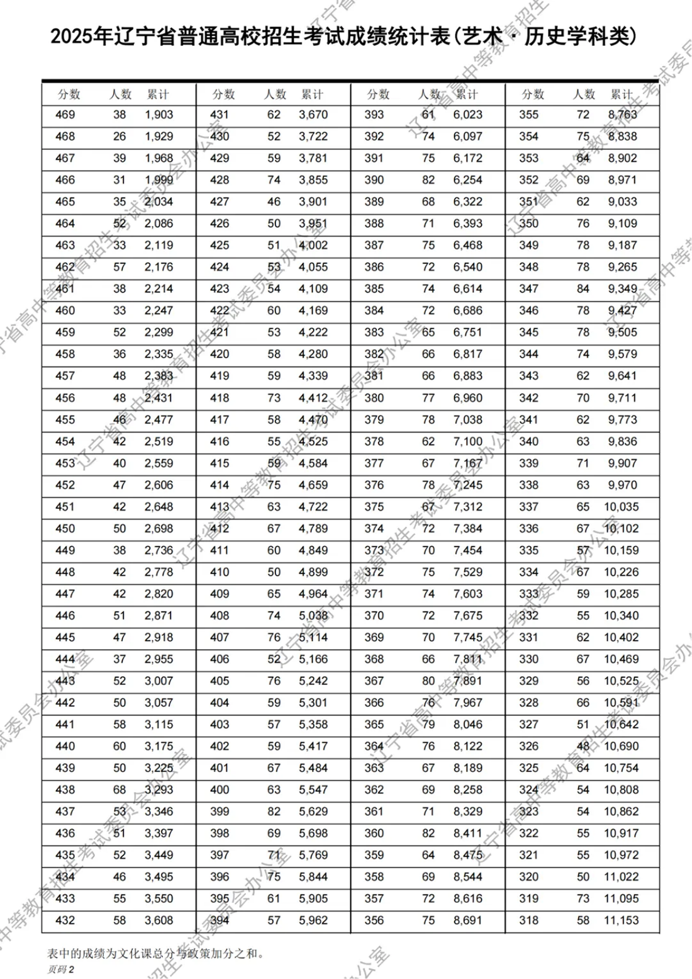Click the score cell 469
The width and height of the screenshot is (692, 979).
click(65, 115)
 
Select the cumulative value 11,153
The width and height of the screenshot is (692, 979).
click(621, 920)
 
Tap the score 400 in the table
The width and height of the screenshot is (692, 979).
click(220, 789)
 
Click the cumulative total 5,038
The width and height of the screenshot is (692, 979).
click(313, 616)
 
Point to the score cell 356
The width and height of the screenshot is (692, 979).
click(374, 920)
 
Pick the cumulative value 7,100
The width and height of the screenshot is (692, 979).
click(467, 441)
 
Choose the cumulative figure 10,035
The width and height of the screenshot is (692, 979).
click(621, 507)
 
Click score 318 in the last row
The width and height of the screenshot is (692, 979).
click(528, 920)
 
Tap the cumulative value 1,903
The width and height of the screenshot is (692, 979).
click(159, 115)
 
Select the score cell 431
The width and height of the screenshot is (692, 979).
click(220, 115)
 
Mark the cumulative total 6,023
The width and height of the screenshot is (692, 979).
click(467, 115)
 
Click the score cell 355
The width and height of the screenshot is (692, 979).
click(528, 115)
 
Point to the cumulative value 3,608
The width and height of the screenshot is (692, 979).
click(159, 920)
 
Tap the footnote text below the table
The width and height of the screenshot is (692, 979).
click(155, 953)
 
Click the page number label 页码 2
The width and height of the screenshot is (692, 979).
click(60, 970)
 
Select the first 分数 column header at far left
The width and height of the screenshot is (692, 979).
click(69, 94)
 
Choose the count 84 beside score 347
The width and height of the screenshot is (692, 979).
click(583, 288)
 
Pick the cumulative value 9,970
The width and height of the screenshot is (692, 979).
click(622, 485)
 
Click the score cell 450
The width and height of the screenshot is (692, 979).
click(65, 528)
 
